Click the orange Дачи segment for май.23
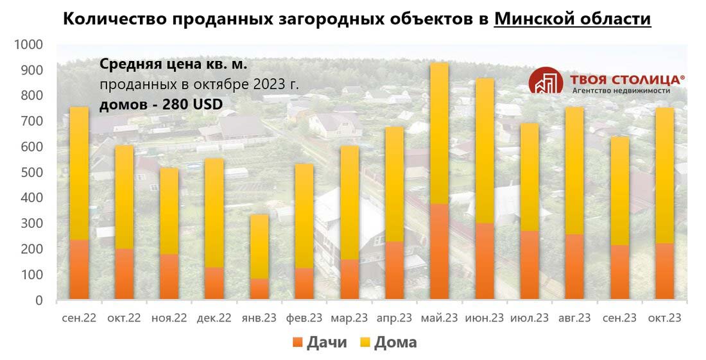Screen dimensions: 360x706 click(439, 251)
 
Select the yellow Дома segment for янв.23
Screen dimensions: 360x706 click(259, 246)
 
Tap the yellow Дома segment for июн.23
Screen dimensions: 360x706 click(484, 151)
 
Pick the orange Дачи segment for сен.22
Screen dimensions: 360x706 click(79, 269)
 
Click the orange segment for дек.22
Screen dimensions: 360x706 click(214, 282)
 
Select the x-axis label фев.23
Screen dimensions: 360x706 click(304, 318)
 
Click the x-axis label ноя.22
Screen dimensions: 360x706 click(169, 318)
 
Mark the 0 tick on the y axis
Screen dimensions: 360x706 click(39, 300)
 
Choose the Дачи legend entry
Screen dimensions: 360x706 click(319, 342)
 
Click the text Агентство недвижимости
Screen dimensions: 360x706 click(621, 91)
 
